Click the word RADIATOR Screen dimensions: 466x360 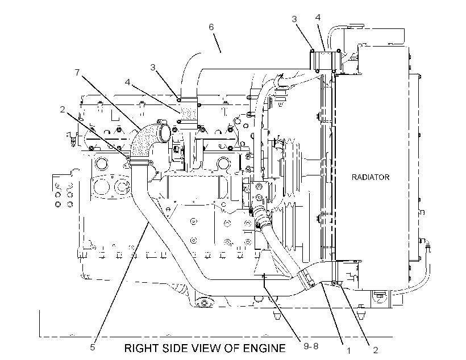click(x=371, y=177)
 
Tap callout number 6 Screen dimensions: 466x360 click(x=211, y=27)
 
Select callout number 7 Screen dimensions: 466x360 click(x=77, y=72)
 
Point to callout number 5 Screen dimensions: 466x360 click(x=93, y=348)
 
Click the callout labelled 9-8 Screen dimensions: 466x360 click(x=311, y=346)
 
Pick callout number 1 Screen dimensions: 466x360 click(x=349, y=351)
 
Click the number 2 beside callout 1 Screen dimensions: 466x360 click(x=376, y=350)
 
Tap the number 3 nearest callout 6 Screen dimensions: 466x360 click(x=153, y=68)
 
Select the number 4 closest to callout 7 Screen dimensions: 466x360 click(x=127, y=82)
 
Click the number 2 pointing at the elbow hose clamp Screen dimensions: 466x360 click(x=62, y=110)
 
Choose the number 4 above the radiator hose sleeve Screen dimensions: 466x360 click(x=318, y=18)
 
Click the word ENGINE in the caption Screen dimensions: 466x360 click(x=264, y=348)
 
